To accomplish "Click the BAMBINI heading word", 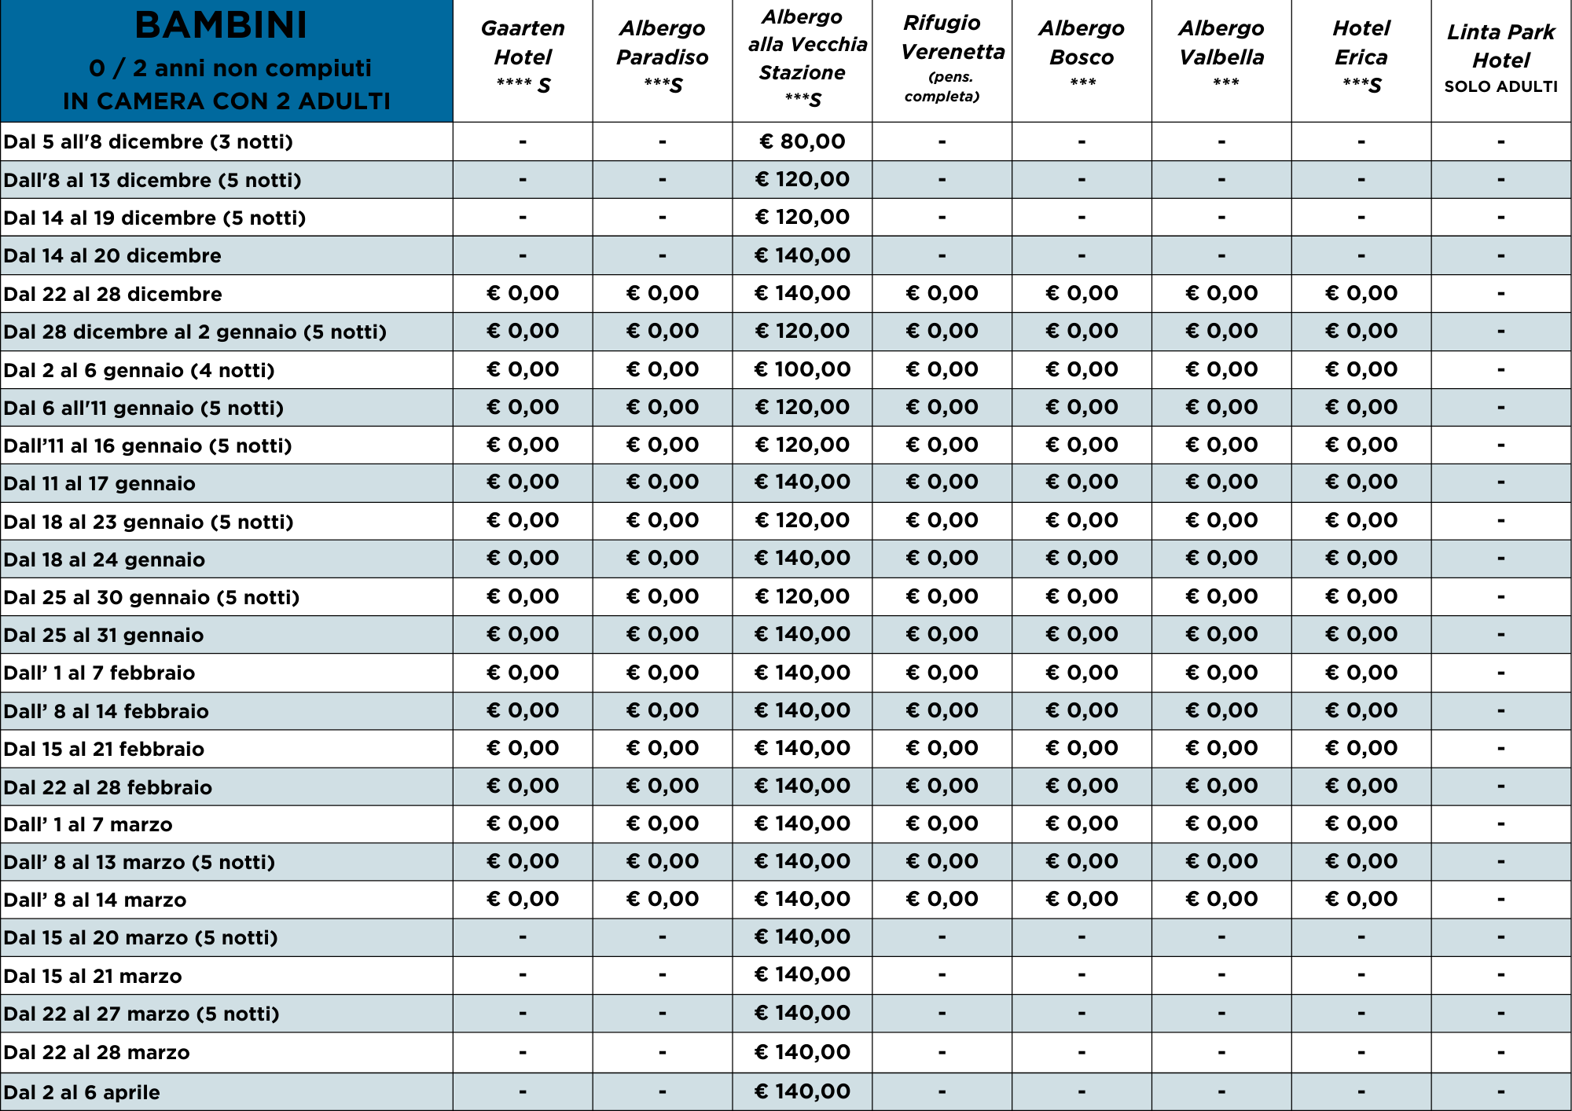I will pyautogui.click(x=221, y=26).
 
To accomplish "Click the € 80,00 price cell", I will pyautogui.click(x=802, y=141).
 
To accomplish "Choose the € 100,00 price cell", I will pyautogui.click(x=802, y=369).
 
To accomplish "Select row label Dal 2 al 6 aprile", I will pyautogui.click(x=82, y=1092).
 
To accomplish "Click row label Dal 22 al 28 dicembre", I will pyautogui.click(x=112, y=294).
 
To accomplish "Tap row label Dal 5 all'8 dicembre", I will pyautogui.click(x=148, y=141).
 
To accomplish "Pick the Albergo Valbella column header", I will pyautogui.click(x=1221, y=43).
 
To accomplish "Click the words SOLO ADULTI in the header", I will pyautogui.click(x=1500, y=86).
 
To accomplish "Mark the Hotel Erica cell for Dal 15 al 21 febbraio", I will pyautogui.click(x=1361, y=748).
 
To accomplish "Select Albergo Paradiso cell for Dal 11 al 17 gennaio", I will pyautogui.click(x=663, y=482).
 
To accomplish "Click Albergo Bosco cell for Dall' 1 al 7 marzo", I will pyautogui.click(x=1082, y=823).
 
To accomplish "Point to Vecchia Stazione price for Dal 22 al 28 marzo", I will pyautogui.click(x=802, y=1052).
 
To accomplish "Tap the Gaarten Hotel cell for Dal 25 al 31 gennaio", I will pyautogui.click(x=523, y=634).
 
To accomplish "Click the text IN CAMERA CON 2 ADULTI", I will pyautogui.click(x=226, y=101).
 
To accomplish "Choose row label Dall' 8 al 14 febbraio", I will pyautogui.click(x=106, y=711).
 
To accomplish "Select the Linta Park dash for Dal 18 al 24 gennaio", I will pyautogui.click(x=1500, y=559).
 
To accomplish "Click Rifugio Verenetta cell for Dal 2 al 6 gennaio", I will pyautogui.click(x=942, y=369).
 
